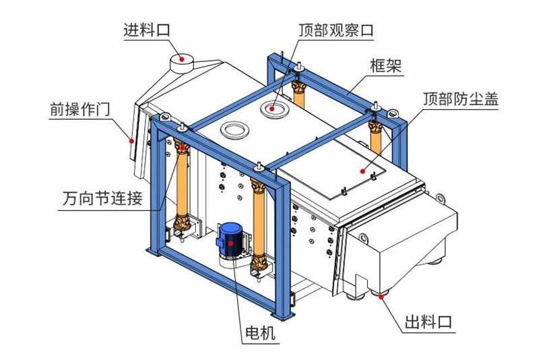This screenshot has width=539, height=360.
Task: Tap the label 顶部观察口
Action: pos(336,30)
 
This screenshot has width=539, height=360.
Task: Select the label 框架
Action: pos(386,65)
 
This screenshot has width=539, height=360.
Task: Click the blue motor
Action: pos(230,240)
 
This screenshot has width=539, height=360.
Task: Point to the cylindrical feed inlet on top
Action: pos(180,61)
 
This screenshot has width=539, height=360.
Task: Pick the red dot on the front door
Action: pos(131,141)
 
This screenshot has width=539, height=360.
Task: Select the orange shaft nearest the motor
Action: pos(257,221)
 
